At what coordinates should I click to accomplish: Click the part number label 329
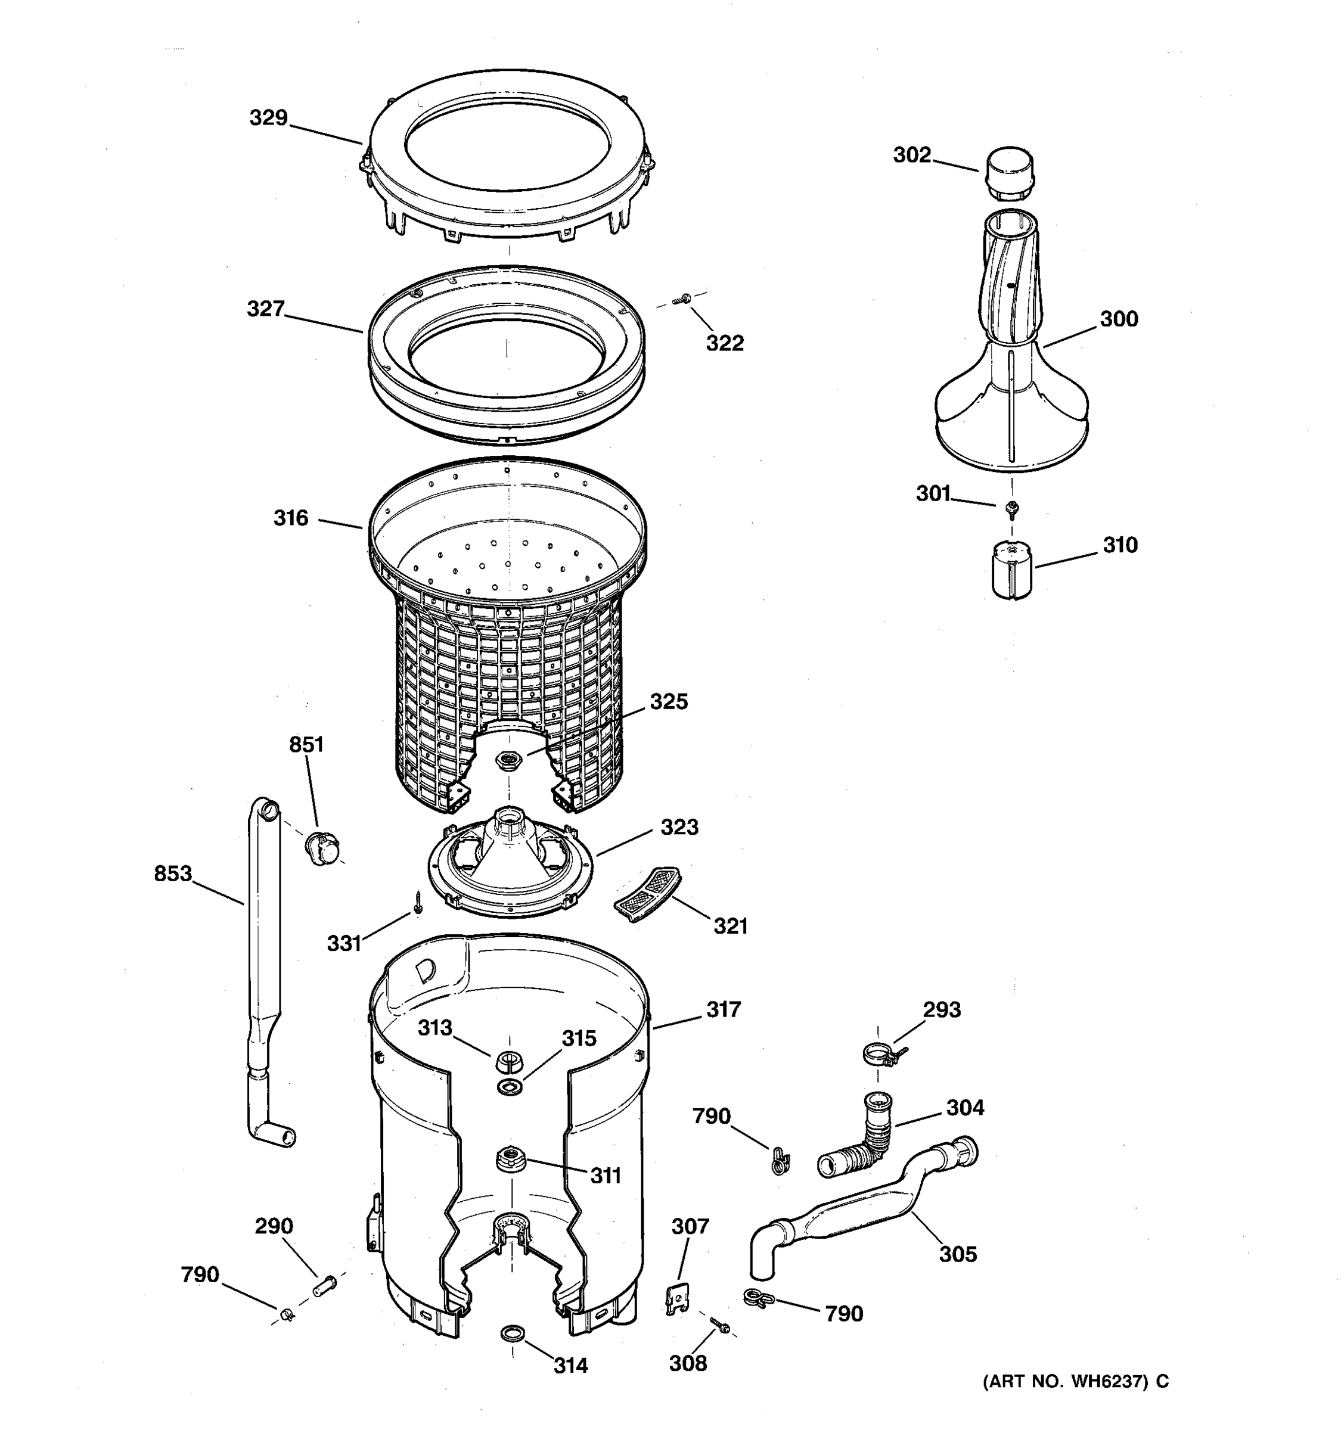point(268,118)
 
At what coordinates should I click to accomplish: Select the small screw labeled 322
point(681,299)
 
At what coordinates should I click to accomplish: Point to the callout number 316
point(291,518)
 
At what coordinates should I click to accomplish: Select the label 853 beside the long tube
point(173,873)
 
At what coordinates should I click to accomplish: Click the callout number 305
point(958,1254)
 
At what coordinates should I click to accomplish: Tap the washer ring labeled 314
point(511,1333)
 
